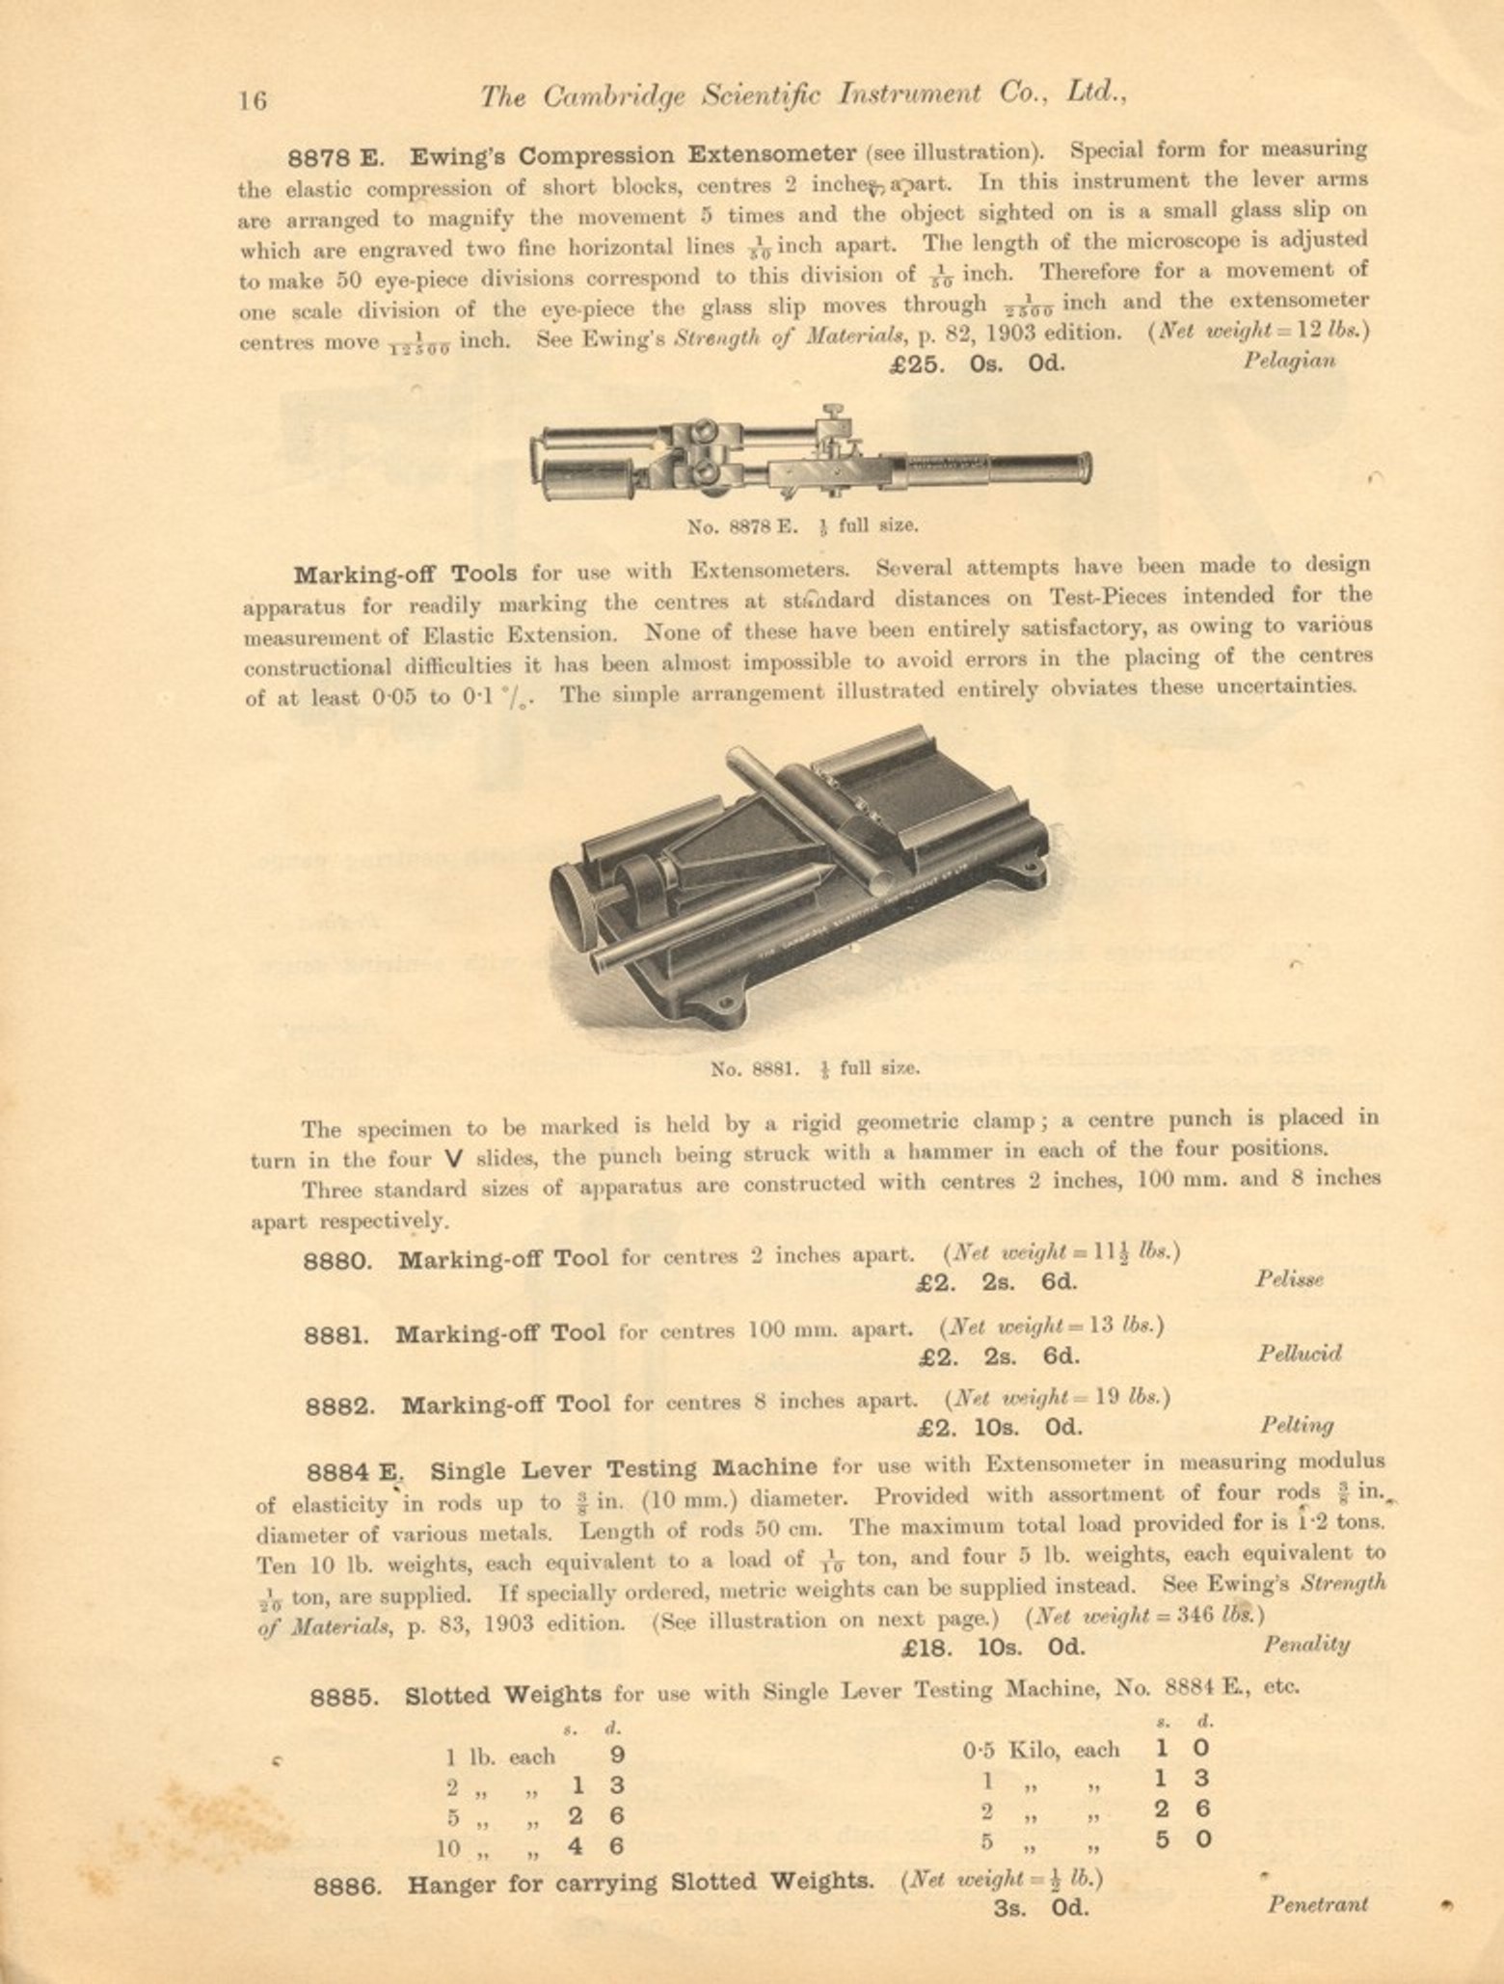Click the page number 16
click(x=253, y=100)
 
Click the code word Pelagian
click(x=1289, y=362)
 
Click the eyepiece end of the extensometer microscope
click(x=1080, y=467)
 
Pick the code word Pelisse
click(x=1289, y=1279)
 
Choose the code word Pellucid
click(x=1299, y=1353)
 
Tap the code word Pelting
click(x=1297, y=1425)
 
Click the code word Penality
click(x=1305, y=1645)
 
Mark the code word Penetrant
click(x=1317, y=1904)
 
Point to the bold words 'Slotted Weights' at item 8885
click(x=503, y=1694)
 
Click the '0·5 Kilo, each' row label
click(x=1041, y=1750)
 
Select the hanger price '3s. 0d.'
click(x=1040, y=1907)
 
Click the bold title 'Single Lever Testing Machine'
click(x=623, y=1469)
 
